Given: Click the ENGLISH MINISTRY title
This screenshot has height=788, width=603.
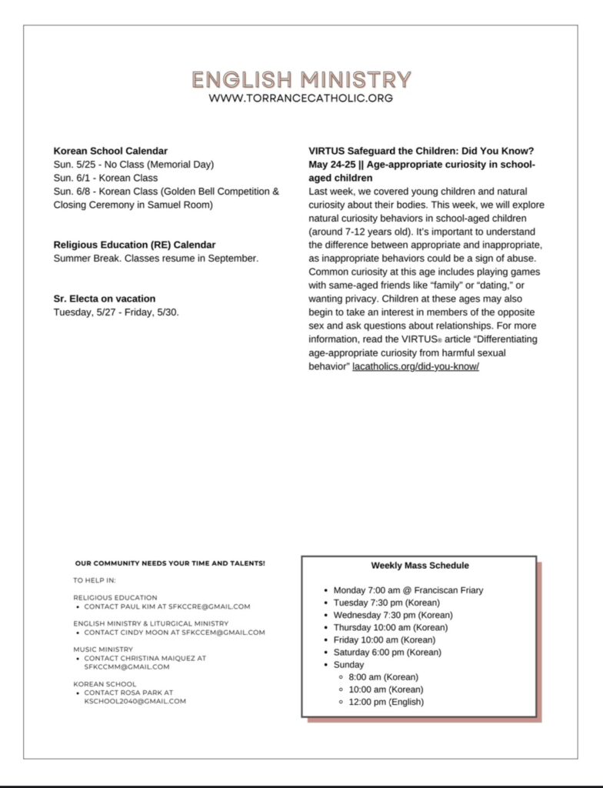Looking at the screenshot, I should click(301, 80).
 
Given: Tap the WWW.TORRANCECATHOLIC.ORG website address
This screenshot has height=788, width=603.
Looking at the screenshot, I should click(301, 98).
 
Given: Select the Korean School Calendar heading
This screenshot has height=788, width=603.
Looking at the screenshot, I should click(111, 151).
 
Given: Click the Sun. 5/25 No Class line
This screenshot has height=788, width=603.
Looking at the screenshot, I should click(134, 165).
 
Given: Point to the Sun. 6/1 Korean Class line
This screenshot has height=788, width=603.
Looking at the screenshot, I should click(105, 178).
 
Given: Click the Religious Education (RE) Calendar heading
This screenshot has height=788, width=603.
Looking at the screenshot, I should click(135, 245).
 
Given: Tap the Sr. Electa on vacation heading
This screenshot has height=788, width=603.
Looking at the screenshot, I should click(105, 299).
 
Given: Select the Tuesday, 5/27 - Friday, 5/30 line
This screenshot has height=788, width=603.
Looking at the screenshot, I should click(116, 312).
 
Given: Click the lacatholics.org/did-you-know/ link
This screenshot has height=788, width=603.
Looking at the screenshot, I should click(415, 366).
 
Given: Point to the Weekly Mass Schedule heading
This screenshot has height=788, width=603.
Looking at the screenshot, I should click(420, 566).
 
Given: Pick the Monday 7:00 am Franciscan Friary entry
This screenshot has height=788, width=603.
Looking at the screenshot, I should click(408, 590).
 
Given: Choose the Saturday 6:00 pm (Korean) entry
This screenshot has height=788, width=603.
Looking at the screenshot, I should click(387, 652).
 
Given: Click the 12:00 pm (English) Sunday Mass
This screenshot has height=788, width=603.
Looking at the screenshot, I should click(386, 701).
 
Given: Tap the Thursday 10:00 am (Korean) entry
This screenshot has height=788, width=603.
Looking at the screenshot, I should click(390, 627).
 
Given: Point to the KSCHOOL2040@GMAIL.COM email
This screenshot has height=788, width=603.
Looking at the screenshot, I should click(135, 701).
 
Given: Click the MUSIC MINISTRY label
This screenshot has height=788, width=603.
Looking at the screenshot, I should click(103, 649).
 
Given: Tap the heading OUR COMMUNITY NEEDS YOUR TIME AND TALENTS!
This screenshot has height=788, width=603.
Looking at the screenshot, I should click(170, 563).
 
